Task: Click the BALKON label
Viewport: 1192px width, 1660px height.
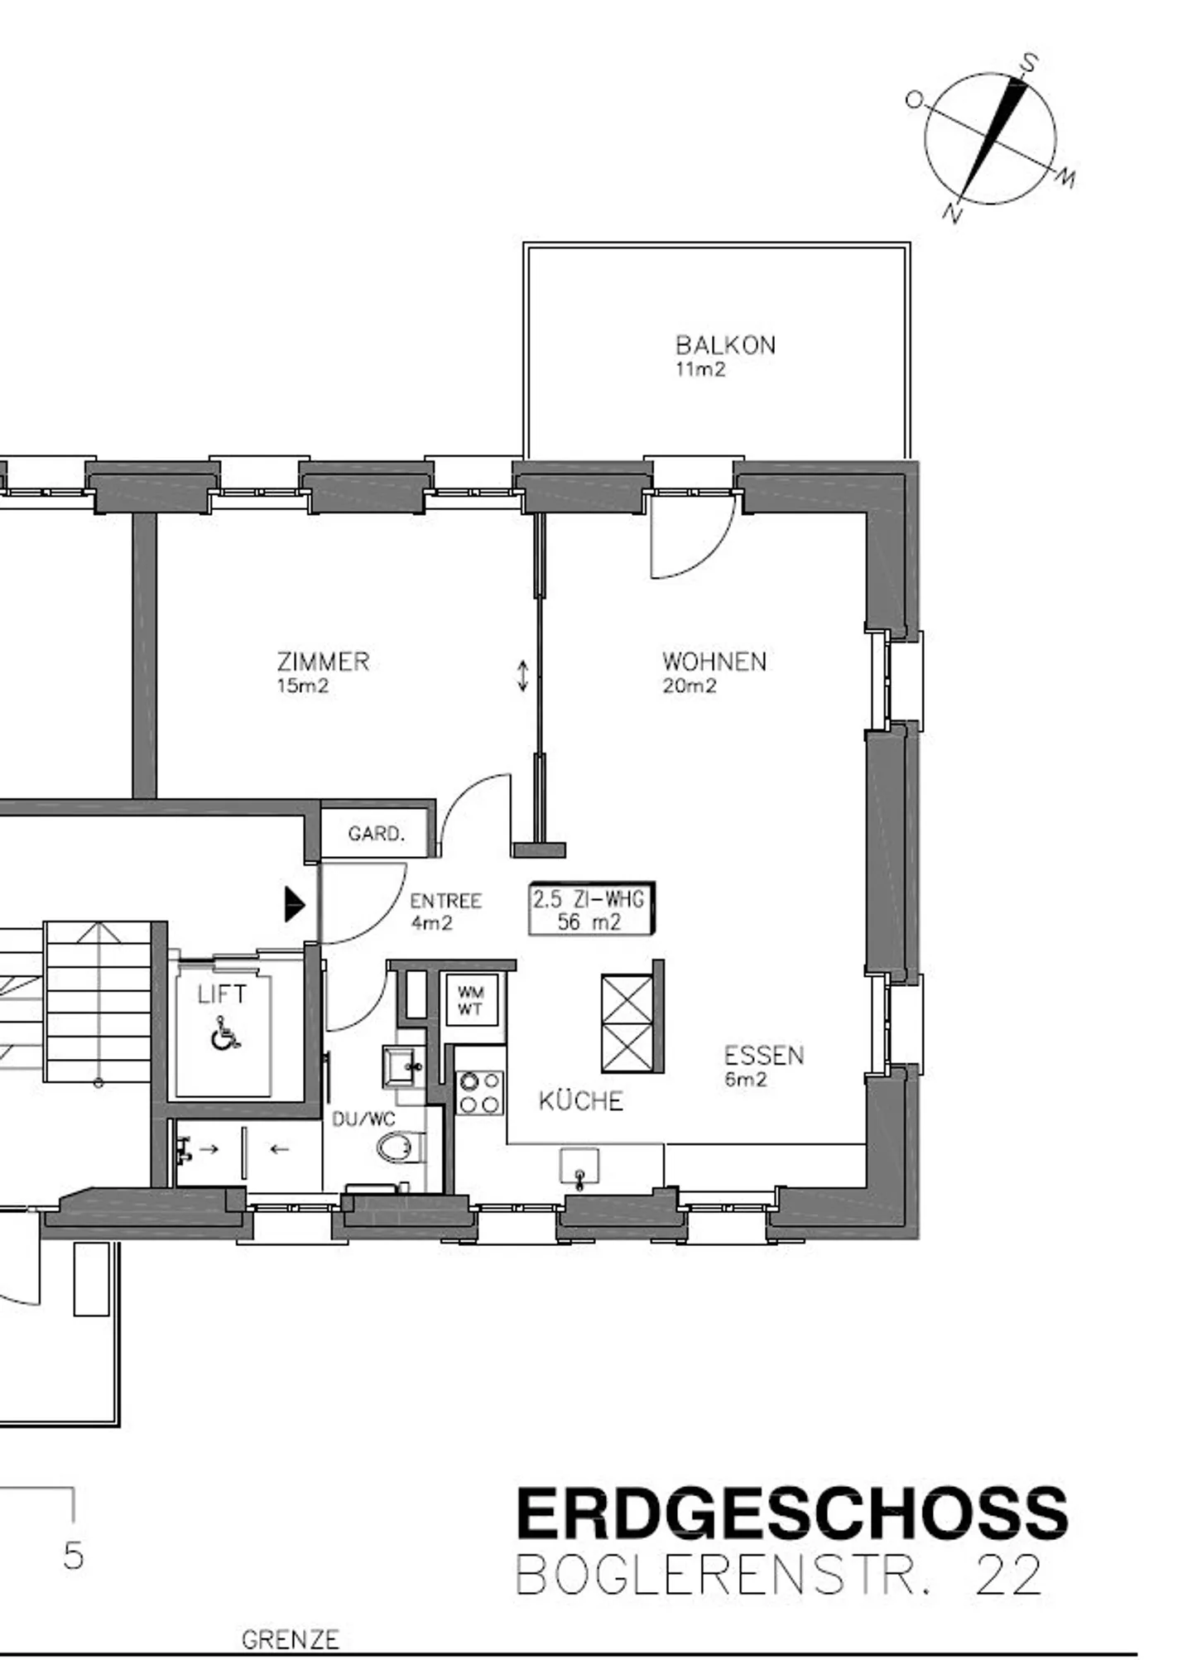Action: pos(725,344)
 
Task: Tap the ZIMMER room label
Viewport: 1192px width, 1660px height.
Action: pos(323,662)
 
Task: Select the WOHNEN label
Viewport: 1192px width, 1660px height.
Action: pos(714,662)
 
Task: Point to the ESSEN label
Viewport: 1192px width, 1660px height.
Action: pos(764,1055)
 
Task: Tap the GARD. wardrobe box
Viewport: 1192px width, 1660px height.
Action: pos(377,833)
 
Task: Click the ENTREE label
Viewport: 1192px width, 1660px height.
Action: pos(445,901)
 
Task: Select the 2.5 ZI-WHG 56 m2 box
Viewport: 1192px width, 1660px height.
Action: pos(592,909)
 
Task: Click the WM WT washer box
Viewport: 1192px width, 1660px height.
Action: pos(470,1000)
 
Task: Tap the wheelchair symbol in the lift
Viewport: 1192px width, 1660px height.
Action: pos(223,1034)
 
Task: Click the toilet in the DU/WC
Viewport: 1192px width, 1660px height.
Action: pos(401,1148)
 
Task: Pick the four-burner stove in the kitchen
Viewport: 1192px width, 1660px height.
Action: pos(480,1092)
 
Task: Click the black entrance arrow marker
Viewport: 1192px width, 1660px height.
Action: pos(295,904)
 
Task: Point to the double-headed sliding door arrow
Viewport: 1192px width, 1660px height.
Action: pos(523,675)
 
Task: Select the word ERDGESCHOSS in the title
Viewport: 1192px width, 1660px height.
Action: pos(792,1512)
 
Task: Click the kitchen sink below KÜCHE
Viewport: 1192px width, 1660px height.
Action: pos(579,1167)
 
